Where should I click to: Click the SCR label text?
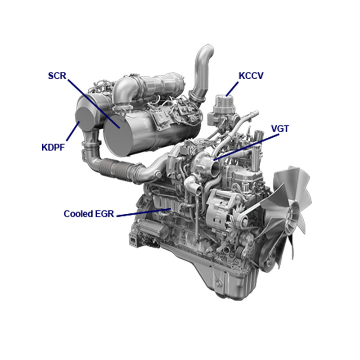57,75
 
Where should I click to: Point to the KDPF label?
53,147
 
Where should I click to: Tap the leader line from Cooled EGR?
144,212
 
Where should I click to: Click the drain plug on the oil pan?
219,284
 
